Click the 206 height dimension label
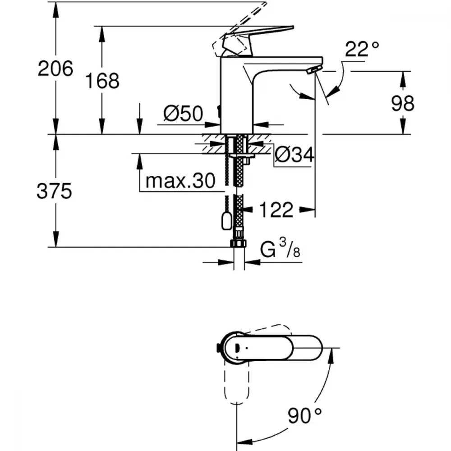55,69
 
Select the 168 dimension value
102,81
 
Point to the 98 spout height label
402,103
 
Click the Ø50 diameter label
183,113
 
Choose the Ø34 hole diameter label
294,155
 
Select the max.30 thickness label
180,181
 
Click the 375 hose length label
54,191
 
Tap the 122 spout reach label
276,210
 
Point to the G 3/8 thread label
280,249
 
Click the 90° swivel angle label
304,415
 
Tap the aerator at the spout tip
314,69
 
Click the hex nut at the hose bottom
238,243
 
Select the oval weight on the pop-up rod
227,221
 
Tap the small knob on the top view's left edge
218,348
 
